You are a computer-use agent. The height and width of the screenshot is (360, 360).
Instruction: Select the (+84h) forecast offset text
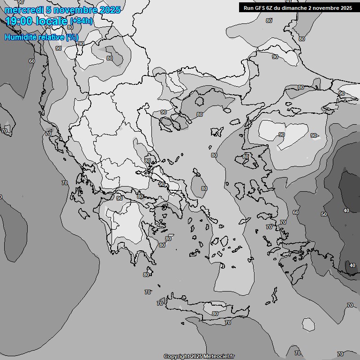tap(81, 21)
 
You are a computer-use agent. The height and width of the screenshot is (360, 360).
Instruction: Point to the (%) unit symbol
tap(72, 37)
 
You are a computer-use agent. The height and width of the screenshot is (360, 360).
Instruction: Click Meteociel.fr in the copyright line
tap(218, 356)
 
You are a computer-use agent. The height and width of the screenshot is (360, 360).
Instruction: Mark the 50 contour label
tap(324, 214)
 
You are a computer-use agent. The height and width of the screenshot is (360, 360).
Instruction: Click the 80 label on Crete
tap(215, 314)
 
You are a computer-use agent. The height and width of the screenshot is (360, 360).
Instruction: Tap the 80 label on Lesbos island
tap(246, 157)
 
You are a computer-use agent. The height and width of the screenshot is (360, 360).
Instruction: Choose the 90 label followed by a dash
tap(314, 135)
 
